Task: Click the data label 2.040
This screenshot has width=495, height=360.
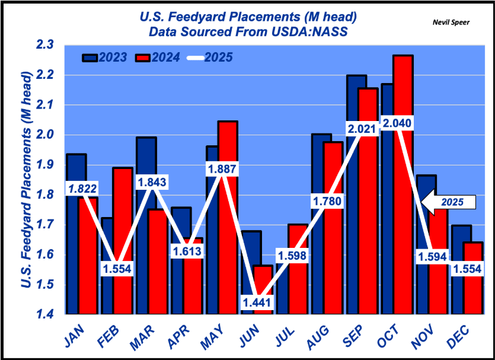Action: pos(397,123)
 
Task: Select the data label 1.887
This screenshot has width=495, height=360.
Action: pos(222,169)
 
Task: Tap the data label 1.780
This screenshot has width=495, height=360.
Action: pos(327,201)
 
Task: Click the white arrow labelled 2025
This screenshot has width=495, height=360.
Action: pos(449,202)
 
